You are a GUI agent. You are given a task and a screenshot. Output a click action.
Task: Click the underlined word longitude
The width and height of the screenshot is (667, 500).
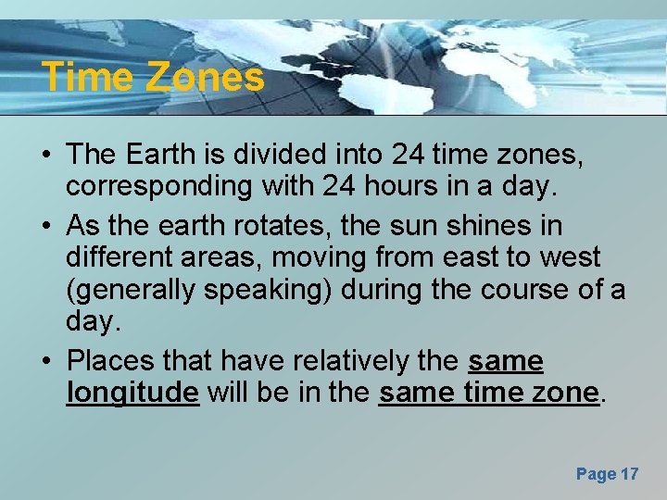pos(132,394)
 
